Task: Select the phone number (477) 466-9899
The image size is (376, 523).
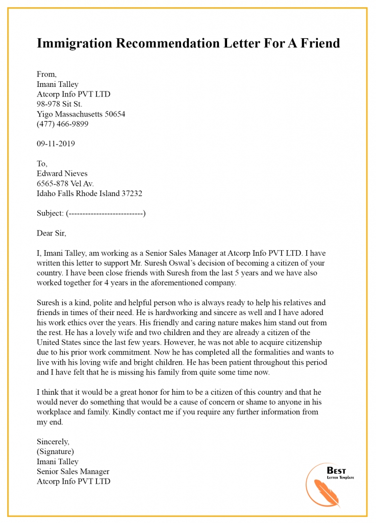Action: click(x=62, y=124)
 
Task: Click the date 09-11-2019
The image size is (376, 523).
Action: click(x=56, y=144)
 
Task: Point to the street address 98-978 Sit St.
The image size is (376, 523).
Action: click(x=59, y=104)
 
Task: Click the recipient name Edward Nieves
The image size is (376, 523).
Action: click(x=62, y=174)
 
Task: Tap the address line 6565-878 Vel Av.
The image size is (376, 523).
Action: click(x=65, y=183)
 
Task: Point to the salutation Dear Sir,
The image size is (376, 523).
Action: click(x=52, y=233)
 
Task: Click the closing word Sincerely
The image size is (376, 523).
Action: click(x=53, y=442)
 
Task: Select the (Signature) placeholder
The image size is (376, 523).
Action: click(x=55, y=452)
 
